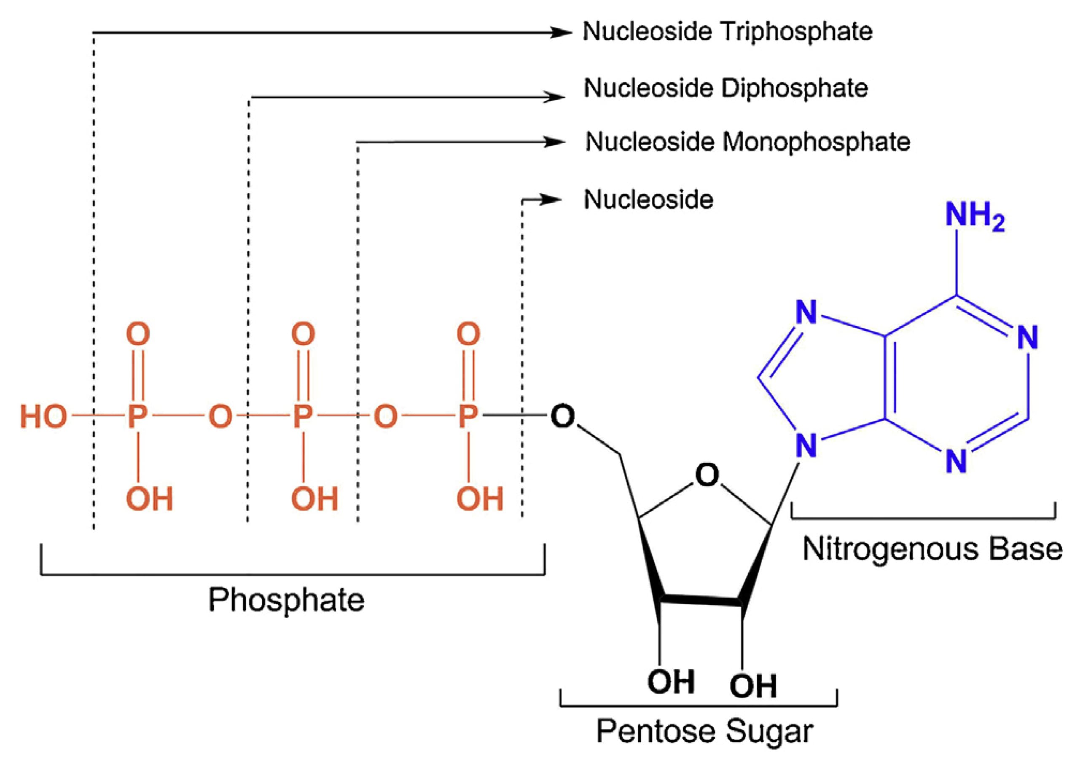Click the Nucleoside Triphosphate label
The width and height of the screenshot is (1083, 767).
(x=727, y=32)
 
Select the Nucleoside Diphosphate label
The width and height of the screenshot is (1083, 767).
(x=726, y=88)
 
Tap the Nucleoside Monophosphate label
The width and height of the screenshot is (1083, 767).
(x=747, y=142)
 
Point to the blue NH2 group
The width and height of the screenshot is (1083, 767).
(x=974, y=216)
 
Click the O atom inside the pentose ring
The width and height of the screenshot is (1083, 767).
(x=707, y=475)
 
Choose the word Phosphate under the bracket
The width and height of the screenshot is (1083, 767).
(x=286, y=600)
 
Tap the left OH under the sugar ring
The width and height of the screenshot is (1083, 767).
(x=670, y=682)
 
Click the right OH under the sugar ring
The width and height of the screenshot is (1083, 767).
(x=753, y=686)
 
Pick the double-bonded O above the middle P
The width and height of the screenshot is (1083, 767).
(x=303, y=334)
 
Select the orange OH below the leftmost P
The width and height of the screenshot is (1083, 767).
(x=149, y=499)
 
